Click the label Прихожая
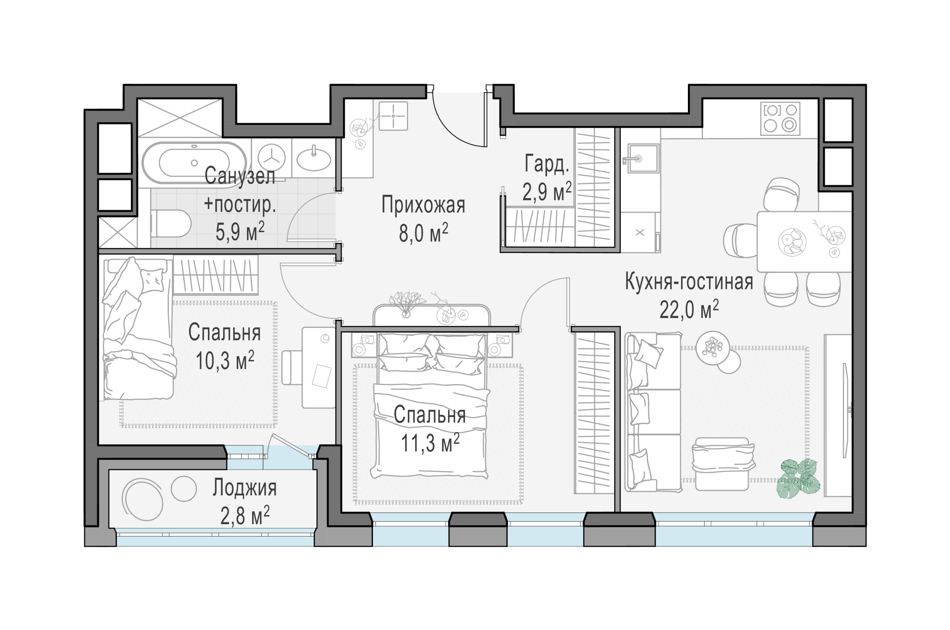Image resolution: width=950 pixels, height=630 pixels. (423, 205)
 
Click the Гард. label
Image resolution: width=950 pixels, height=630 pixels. (547, 165)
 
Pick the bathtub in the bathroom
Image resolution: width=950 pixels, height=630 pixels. (194, 163)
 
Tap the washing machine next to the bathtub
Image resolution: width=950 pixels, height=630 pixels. (271, 158)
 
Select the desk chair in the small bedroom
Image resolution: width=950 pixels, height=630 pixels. (292, 367)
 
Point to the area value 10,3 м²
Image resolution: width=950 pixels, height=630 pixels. (225, 360)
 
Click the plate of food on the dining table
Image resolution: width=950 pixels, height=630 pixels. (792, 242)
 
